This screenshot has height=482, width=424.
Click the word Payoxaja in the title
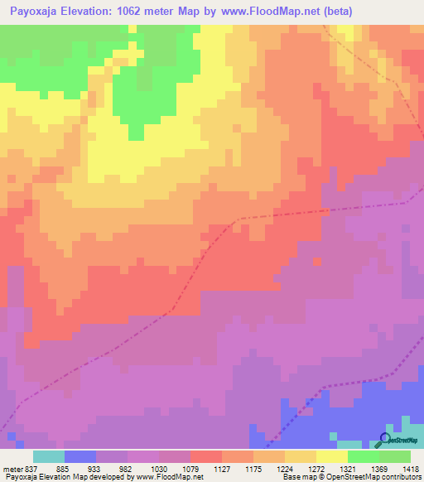point(35,12)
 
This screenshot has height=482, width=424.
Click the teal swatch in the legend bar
point(49,456)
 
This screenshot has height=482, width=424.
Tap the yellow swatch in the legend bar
point(331,456)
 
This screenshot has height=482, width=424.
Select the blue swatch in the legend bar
point(80,456)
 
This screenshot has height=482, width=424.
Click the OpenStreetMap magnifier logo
point(385,440)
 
